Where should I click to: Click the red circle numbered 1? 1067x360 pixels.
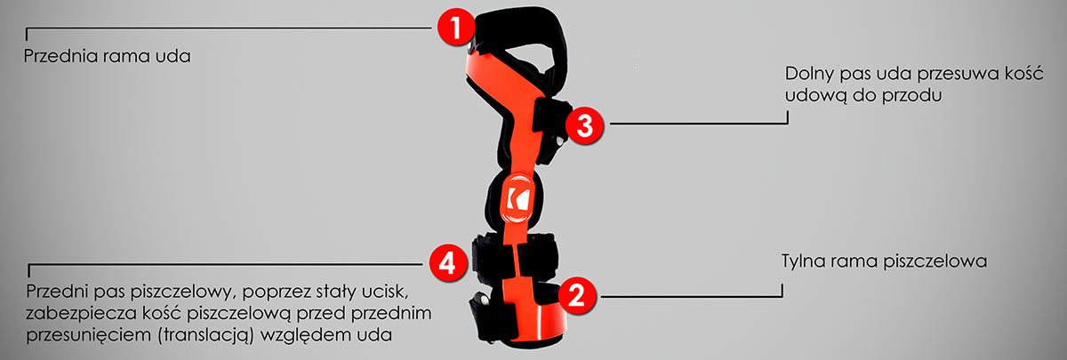[x=456, y=28]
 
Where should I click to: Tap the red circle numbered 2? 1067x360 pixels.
[x=577, y=296]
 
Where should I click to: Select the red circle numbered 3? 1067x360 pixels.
[x=584, y=125]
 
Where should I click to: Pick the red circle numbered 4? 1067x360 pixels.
[x=447, y=263]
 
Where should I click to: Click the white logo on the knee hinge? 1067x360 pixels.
[x=517, y=198]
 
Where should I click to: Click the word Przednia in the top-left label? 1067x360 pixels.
[x=60, y=56]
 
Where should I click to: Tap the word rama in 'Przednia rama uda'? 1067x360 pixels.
[x=125, y=57]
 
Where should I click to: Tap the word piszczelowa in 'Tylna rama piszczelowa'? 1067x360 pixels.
[x=935, y=261]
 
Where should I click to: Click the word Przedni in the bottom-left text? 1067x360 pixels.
[x=57, y=292]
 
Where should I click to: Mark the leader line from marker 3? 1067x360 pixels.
[x=698, y=123]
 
